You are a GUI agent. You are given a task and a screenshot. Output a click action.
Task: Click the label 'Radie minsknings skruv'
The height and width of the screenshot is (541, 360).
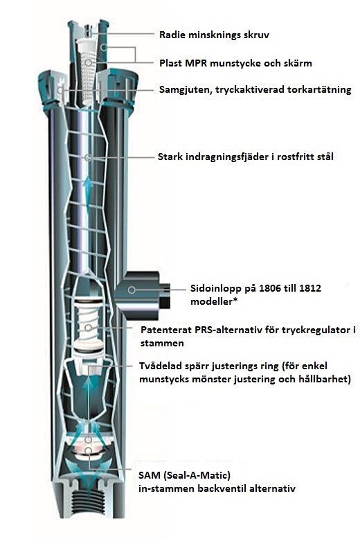(214, 35)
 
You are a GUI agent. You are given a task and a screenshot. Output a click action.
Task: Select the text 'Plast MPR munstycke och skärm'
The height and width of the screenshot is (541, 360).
(235, 63)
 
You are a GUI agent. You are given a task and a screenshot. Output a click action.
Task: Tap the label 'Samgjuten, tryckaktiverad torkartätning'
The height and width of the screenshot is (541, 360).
(255, 90)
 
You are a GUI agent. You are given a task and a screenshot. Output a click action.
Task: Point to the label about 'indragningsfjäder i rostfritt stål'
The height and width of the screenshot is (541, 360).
(246, 157)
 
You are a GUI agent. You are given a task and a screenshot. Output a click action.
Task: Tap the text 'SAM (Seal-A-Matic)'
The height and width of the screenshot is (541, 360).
(184, 475)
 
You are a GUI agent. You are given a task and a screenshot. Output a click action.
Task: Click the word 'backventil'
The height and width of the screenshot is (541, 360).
(222, 488)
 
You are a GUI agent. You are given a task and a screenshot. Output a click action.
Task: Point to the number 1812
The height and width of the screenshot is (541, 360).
(309, 288)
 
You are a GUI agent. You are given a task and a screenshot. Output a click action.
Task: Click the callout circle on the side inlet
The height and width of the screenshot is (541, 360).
(132, 290)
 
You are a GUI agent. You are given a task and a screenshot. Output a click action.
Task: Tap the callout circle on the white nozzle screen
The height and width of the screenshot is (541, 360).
(89, 63)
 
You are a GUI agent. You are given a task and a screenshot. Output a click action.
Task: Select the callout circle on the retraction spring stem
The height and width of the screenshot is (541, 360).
(88, 158)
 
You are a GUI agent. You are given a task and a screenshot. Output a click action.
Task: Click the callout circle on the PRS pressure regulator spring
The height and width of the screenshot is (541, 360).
(89, 328)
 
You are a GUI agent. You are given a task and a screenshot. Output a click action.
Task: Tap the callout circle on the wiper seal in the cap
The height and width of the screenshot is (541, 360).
(61, 91)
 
